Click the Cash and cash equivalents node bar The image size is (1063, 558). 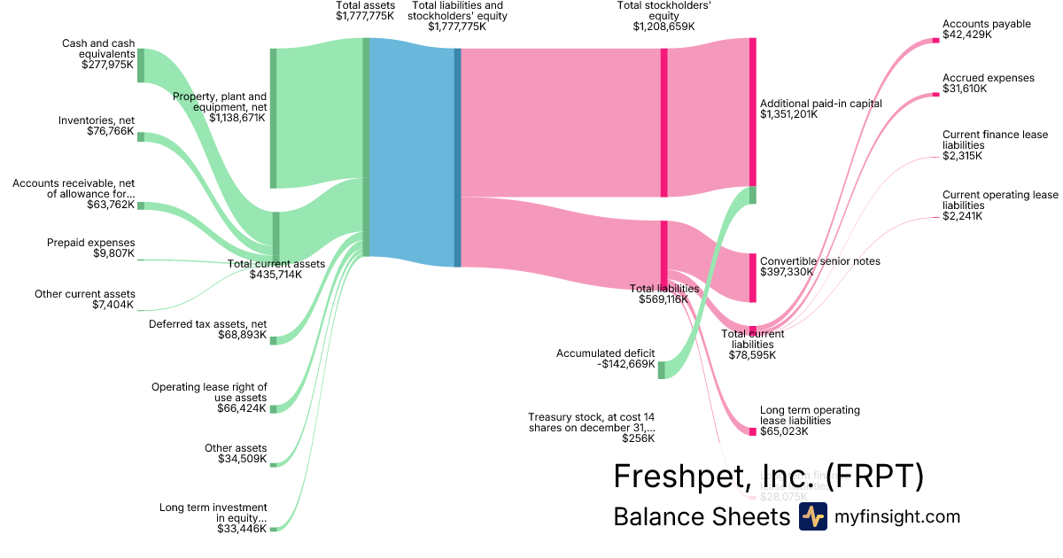pos(140,66)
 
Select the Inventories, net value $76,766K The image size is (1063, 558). pos(111,132)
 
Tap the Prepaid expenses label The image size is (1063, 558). pos(90,242)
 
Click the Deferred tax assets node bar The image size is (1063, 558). pos(274,340)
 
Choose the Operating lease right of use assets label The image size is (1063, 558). pos(209,392)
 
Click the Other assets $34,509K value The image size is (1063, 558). pos(242,459)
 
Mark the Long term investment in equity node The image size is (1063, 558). pos(274,529)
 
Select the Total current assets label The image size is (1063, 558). pos(276,263)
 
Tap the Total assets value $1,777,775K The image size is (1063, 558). pos(365,16)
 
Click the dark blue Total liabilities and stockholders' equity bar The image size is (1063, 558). pos(458,158)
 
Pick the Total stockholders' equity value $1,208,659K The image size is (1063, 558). pos(663,27)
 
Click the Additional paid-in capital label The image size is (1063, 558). pos(821,104)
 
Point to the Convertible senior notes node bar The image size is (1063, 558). pos(752,278)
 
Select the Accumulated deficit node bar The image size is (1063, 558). pos(661,369)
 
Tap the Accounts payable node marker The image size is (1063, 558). pos(935,39)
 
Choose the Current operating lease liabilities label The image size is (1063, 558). pos(1000,200)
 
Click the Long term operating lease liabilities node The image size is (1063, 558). pos(752,431)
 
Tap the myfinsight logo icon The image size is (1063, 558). pos(812,516)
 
